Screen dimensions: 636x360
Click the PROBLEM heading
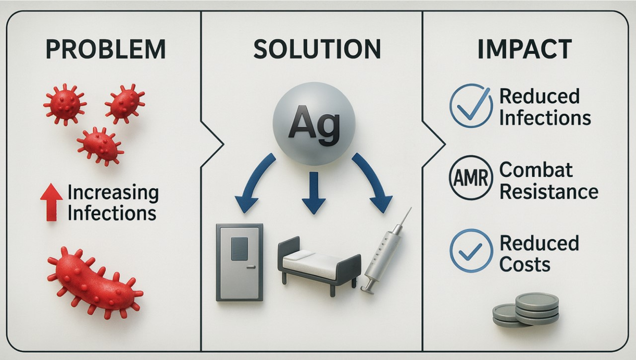[105, 50]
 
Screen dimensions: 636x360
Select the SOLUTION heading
[317, 50]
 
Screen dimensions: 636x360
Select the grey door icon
[239, 262]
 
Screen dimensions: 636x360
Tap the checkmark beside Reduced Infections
[471, 106]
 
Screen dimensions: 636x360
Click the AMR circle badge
[471, 177]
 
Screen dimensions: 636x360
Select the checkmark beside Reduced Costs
[471, 250]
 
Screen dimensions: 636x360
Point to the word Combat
[535, 170]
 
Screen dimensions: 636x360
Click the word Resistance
[549, 191]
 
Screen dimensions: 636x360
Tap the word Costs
[525, 264]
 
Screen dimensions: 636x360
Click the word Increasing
[113, 193]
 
